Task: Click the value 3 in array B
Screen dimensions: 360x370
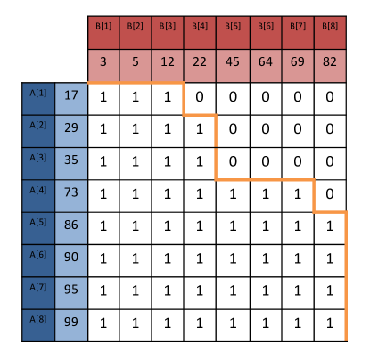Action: click(103, 65)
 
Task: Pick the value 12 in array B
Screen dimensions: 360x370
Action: click(168, 65)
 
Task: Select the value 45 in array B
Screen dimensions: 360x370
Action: click(233, 65)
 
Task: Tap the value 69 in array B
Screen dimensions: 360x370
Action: click(297, 65)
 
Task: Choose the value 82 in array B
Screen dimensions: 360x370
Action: click(330, 65)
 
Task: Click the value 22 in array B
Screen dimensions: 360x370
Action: click(200, 65)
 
